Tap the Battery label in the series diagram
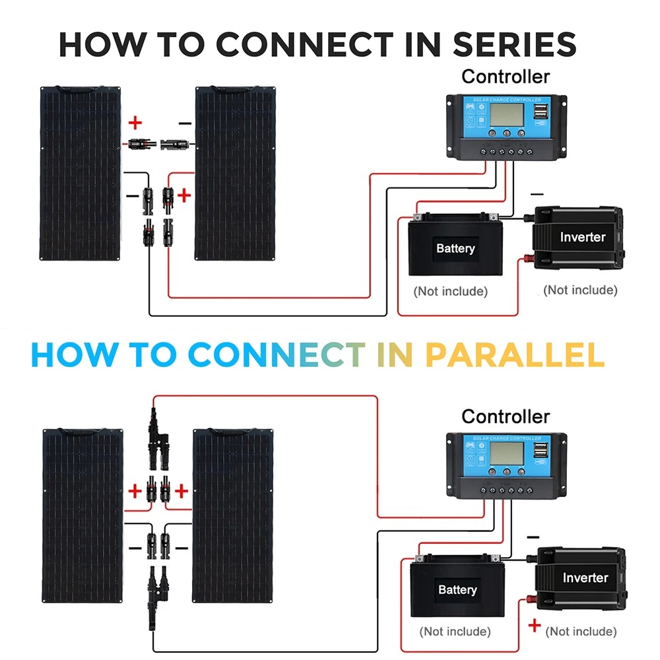(x=455, y=249)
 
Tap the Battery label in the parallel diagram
(x=457, y=589)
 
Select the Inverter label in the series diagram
(x=582, y=237)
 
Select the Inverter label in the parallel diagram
(x=585, y=577)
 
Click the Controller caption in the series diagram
(x=505, y=77)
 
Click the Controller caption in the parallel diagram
(x=505, y=416)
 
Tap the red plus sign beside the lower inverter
(x=535, y=625)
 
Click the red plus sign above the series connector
(x=135, y=123)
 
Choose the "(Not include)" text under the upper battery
(x=450, y=291)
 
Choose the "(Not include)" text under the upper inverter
(x=580, y=290)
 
